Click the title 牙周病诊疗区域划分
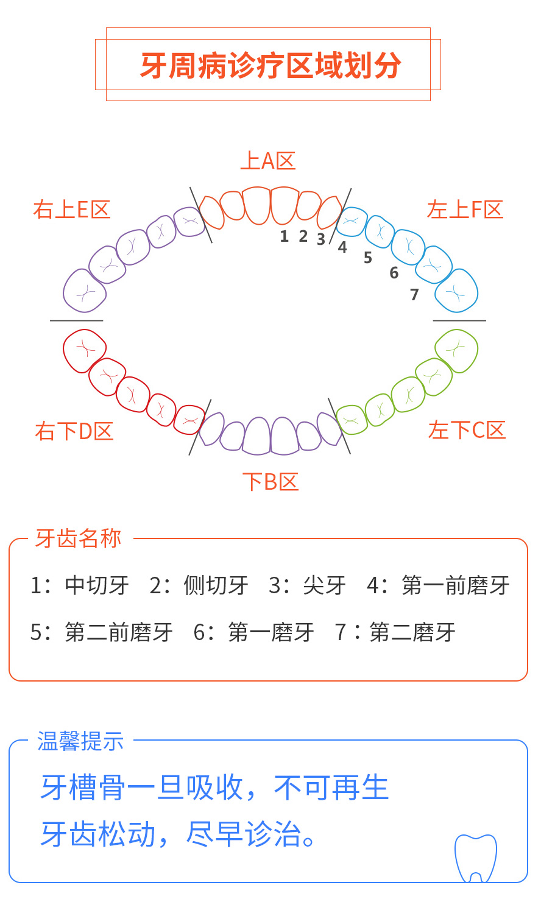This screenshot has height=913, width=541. tap(270, 65)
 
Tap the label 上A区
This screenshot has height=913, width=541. tap(268, 161)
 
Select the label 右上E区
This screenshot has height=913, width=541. tap(72, 210)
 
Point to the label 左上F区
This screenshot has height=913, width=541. tap(465, 210)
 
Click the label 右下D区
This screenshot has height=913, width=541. tap(74, 431)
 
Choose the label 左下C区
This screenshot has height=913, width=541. tap(467, 430)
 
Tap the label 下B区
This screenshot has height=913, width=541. tap(270, 482)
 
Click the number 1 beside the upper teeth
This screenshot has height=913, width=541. tap(285, 236)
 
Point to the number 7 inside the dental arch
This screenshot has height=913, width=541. tap(414, 294)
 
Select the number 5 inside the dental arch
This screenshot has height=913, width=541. tap(368, 258)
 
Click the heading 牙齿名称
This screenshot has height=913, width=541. tap(78, 538)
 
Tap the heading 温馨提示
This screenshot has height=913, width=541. tap(80, 741)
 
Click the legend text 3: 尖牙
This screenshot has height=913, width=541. tap(307, 585)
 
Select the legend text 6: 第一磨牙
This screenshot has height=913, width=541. tap(253, 632)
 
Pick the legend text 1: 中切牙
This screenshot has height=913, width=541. tap(80, 585)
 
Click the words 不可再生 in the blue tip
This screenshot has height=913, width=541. tap(331, 788)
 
